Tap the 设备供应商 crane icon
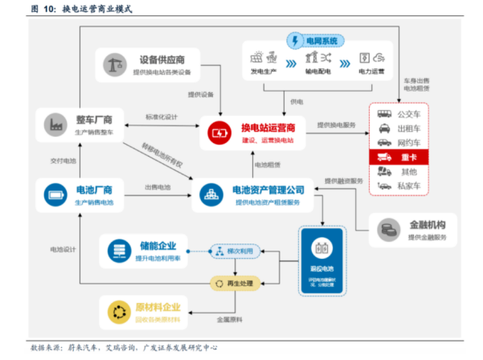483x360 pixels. click(114, 63)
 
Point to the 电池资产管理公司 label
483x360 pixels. click(268, 190)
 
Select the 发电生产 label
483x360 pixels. click(264, 71)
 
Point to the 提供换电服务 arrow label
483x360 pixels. click(337, 125)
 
